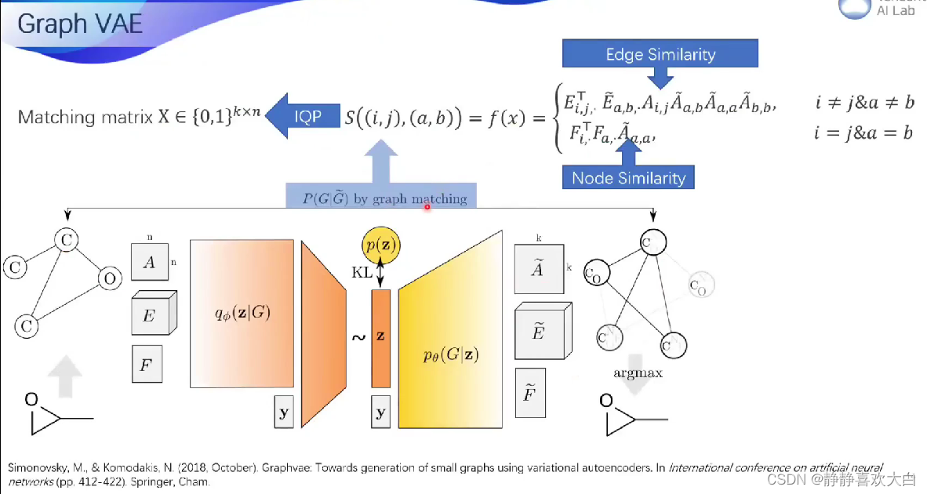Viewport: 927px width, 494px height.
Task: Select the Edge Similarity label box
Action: click(660, 54)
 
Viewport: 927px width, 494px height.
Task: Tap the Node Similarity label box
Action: click(628, 178)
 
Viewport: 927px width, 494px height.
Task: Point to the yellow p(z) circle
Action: click(381, 245)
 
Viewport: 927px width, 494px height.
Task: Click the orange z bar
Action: click(380, 337)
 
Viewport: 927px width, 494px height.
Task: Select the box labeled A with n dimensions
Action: click(149, 263)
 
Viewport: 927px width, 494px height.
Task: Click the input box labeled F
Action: click(147, 364)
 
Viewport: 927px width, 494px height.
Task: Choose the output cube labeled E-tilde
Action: click(538, 332)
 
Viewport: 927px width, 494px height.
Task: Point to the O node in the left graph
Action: click(110, 278)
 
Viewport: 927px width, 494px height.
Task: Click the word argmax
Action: click(638, 372)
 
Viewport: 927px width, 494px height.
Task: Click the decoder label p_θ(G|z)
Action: click(451, 354)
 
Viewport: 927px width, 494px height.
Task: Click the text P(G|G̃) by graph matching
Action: click(384, 198)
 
